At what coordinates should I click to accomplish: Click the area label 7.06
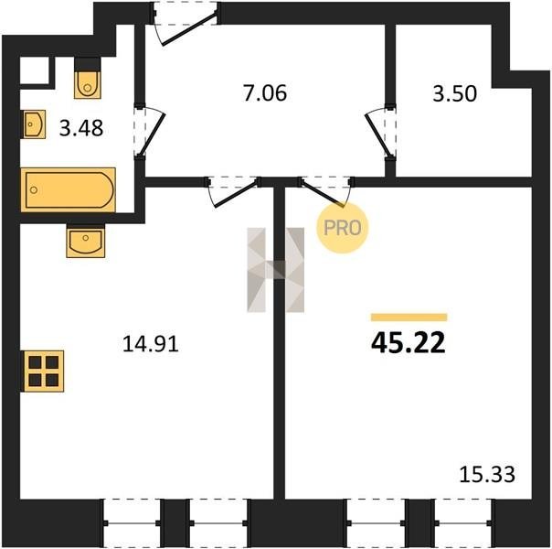click(265, 93)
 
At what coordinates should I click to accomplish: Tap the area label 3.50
click(454, 94)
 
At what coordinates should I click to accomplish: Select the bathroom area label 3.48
click(81, 128)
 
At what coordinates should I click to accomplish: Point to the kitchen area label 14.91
click(150, 344)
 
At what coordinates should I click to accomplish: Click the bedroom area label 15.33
click(487, 474)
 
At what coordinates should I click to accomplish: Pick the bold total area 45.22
click(409, 342)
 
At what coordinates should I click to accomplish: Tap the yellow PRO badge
click(342, 228)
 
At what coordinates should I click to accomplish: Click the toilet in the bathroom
click(88, 79)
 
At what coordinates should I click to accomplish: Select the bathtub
click(68, 190)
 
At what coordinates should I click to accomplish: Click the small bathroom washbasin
click(35, 124)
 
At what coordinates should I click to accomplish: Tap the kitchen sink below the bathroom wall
click(86, 241)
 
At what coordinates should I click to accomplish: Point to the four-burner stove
click(44, 371)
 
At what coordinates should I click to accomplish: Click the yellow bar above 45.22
click(409, 318)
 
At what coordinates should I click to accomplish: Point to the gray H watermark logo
click(276, 270)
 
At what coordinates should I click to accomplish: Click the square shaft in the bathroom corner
click(35, 70)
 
